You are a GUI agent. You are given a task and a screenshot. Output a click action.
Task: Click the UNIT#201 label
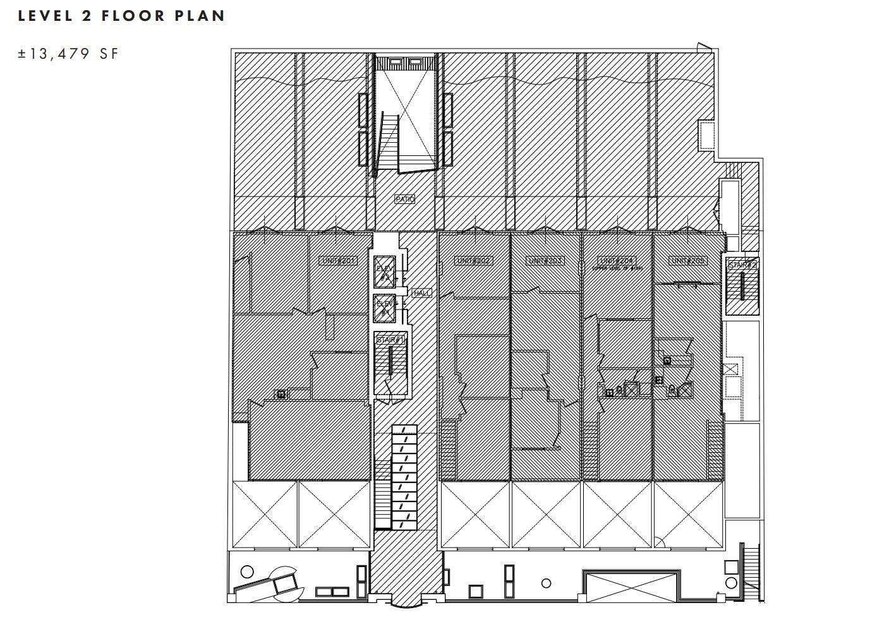tap(339, 260)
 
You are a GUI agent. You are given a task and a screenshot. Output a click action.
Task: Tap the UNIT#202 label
tap(473, 260)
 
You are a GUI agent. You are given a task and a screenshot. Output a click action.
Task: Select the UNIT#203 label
tap(545, 260)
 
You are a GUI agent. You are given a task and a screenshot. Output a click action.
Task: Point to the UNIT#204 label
tap(616, 260)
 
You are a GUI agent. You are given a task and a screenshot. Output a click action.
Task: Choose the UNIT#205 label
tap(688, 260)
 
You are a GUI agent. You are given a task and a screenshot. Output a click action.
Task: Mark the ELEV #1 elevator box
tap(384, 308)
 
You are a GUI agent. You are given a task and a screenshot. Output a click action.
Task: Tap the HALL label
tap(421, 293)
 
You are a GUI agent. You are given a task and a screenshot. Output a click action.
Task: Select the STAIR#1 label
tap(390, 340)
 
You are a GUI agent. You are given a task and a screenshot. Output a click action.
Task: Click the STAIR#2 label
tap(742, 265)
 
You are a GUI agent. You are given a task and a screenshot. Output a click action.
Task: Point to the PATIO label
tap(404, 199)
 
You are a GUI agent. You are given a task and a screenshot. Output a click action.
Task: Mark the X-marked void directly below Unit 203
tap(545, 514)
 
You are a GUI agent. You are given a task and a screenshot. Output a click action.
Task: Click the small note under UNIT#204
tap(617, 268)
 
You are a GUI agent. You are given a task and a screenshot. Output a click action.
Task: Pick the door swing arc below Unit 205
tap(659, 541)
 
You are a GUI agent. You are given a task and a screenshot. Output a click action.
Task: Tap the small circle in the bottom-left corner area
tap(248, 571)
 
